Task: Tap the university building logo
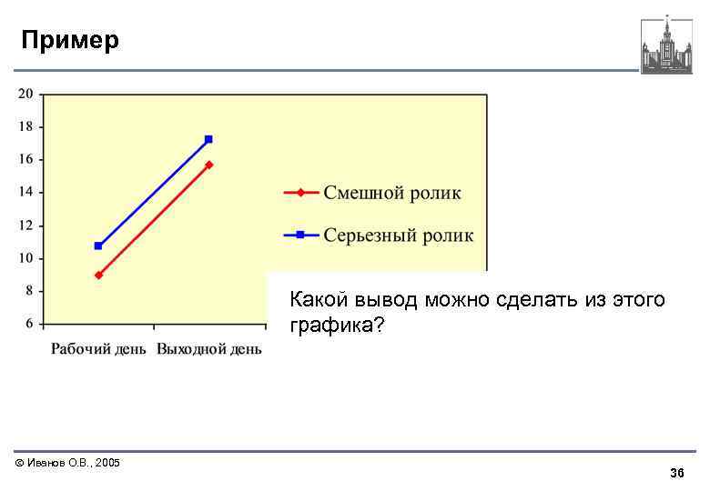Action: point(666,45)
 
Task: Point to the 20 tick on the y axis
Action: point(25,93)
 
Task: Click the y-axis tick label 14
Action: point(25,192)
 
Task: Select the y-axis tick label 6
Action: point(28,323)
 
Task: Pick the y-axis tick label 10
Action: point(25,257)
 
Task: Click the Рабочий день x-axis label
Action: point(98,349)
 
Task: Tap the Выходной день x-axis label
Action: point(209,349)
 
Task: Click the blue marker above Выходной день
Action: point(208,139)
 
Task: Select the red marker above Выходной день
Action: point(209,165)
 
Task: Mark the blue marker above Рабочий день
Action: point(98,245)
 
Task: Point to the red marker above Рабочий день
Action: point(98,275)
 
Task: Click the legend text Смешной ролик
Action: point(392,193)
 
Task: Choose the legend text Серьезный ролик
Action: point(399,235)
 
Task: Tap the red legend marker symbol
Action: point(301,193)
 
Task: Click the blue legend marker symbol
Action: point(301,235)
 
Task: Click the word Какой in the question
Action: point(316,299)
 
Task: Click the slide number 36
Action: point(676,474)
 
